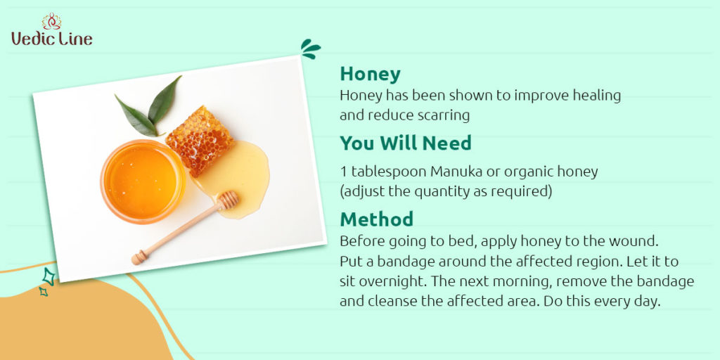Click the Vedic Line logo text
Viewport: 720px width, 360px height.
(52, 38)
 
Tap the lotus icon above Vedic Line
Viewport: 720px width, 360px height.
(51, 21)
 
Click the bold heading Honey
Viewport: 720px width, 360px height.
(370, 75)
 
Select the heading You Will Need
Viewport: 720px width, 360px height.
(406, 143)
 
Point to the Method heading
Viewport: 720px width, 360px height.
(377, 219)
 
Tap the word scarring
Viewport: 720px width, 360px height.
(444, 116)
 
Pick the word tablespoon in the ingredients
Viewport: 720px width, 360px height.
(389, 172)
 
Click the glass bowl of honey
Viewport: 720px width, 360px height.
(143, 181)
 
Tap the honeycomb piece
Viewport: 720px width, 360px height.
(200, 140)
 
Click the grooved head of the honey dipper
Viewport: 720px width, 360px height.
(228, 200)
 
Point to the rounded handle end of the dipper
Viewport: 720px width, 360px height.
(137, 259)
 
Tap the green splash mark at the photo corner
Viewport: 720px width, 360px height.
(310, 49)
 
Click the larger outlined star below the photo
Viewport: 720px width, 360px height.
(49, 277)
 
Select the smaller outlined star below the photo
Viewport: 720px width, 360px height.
(43, 291)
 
